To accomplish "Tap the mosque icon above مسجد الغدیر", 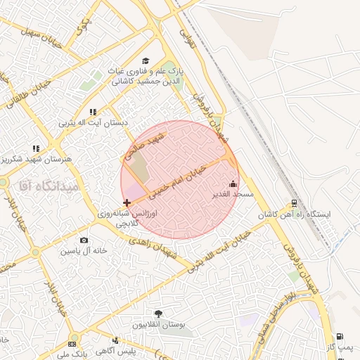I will click(x=233, y=184).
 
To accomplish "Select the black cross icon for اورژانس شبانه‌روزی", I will click(x=127, y=202).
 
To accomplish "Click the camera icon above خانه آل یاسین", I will click(x=84, y=240).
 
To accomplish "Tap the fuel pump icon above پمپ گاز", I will click(x=340, y=336).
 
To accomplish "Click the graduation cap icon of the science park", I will click(x=146, y=61).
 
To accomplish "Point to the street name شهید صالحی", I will click(x=145, y=143).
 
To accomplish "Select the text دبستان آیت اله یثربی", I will click(x=93, y=123).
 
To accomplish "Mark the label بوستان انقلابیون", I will click(x=157, y=326).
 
